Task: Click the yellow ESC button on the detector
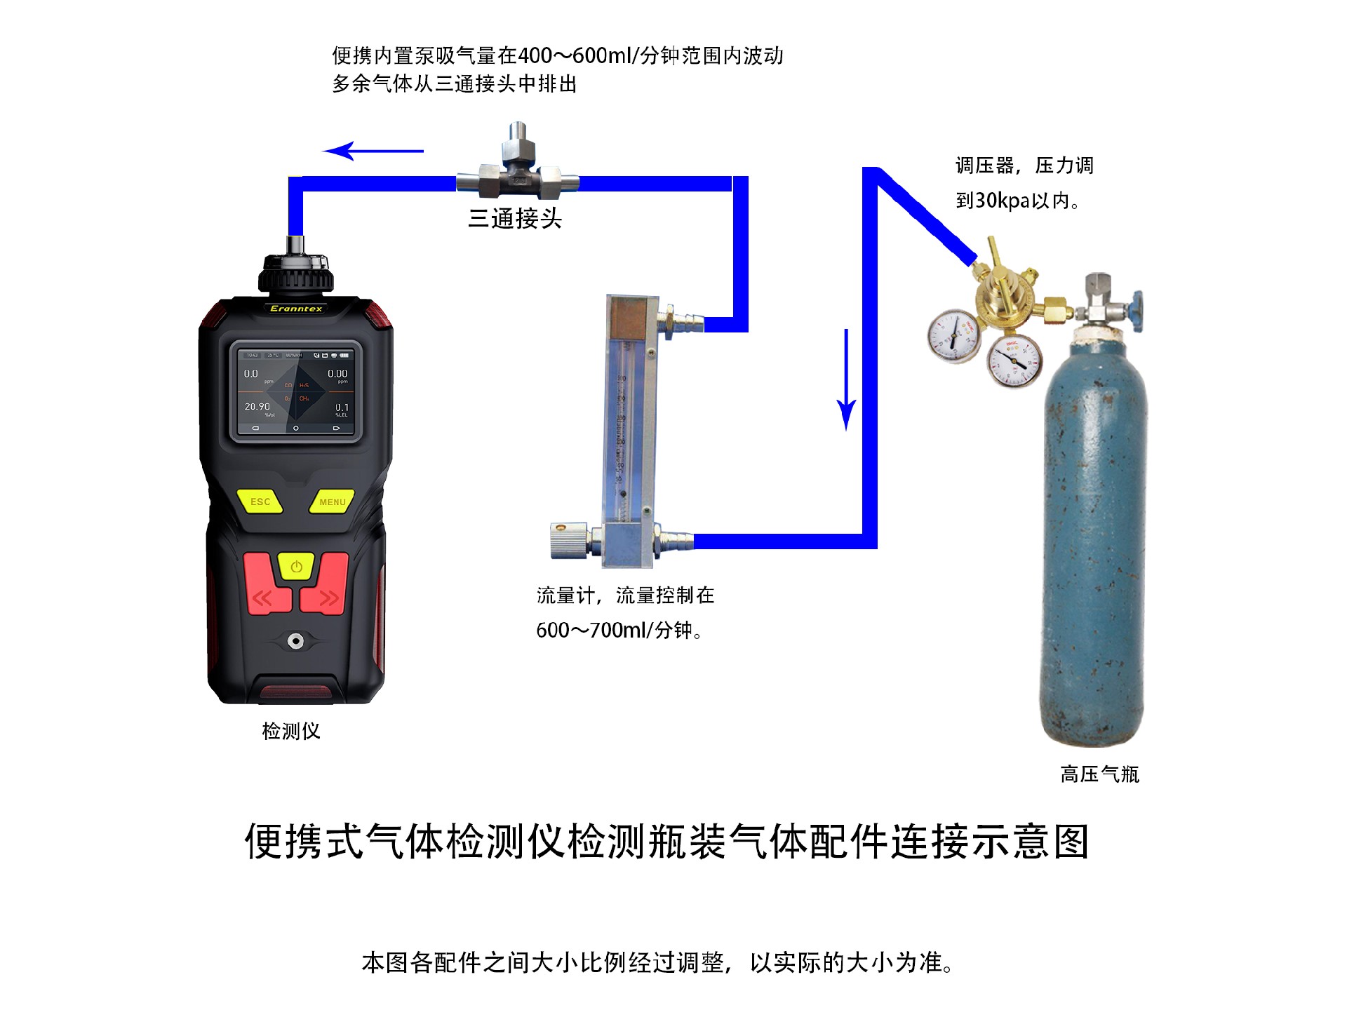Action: [x=260, y=501]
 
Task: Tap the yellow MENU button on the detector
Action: [x=332, y=501]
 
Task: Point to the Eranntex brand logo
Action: [x=296, y=309]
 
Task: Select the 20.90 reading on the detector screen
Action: [x=257, y=407]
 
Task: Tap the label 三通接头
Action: [x=515, y=219]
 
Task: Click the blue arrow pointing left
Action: [x=372, y=151]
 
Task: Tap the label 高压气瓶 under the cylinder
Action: [x=1099, y=774]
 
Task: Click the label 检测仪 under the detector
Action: [x=290, y=731]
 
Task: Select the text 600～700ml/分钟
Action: [x=617, y=630]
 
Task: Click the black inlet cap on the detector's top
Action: [x=296, y=274]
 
